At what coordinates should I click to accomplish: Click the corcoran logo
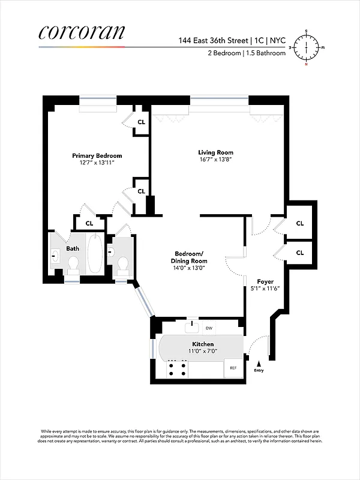pos(82,33)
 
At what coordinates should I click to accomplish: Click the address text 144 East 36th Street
pos(214,41)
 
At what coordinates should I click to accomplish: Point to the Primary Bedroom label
pos(97,155)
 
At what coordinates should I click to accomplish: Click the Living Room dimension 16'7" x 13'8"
pos(215,160)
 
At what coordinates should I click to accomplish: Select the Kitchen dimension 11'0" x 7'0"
pos(187,352)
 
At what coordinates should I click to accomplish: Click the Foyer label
pos(266,281)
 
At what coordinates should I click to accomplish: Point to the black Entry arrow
pos(259,363)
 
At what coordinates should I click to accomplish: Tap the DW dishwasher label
pos(209,328)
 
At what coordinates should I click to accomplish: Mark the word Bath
pos(73,248)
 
